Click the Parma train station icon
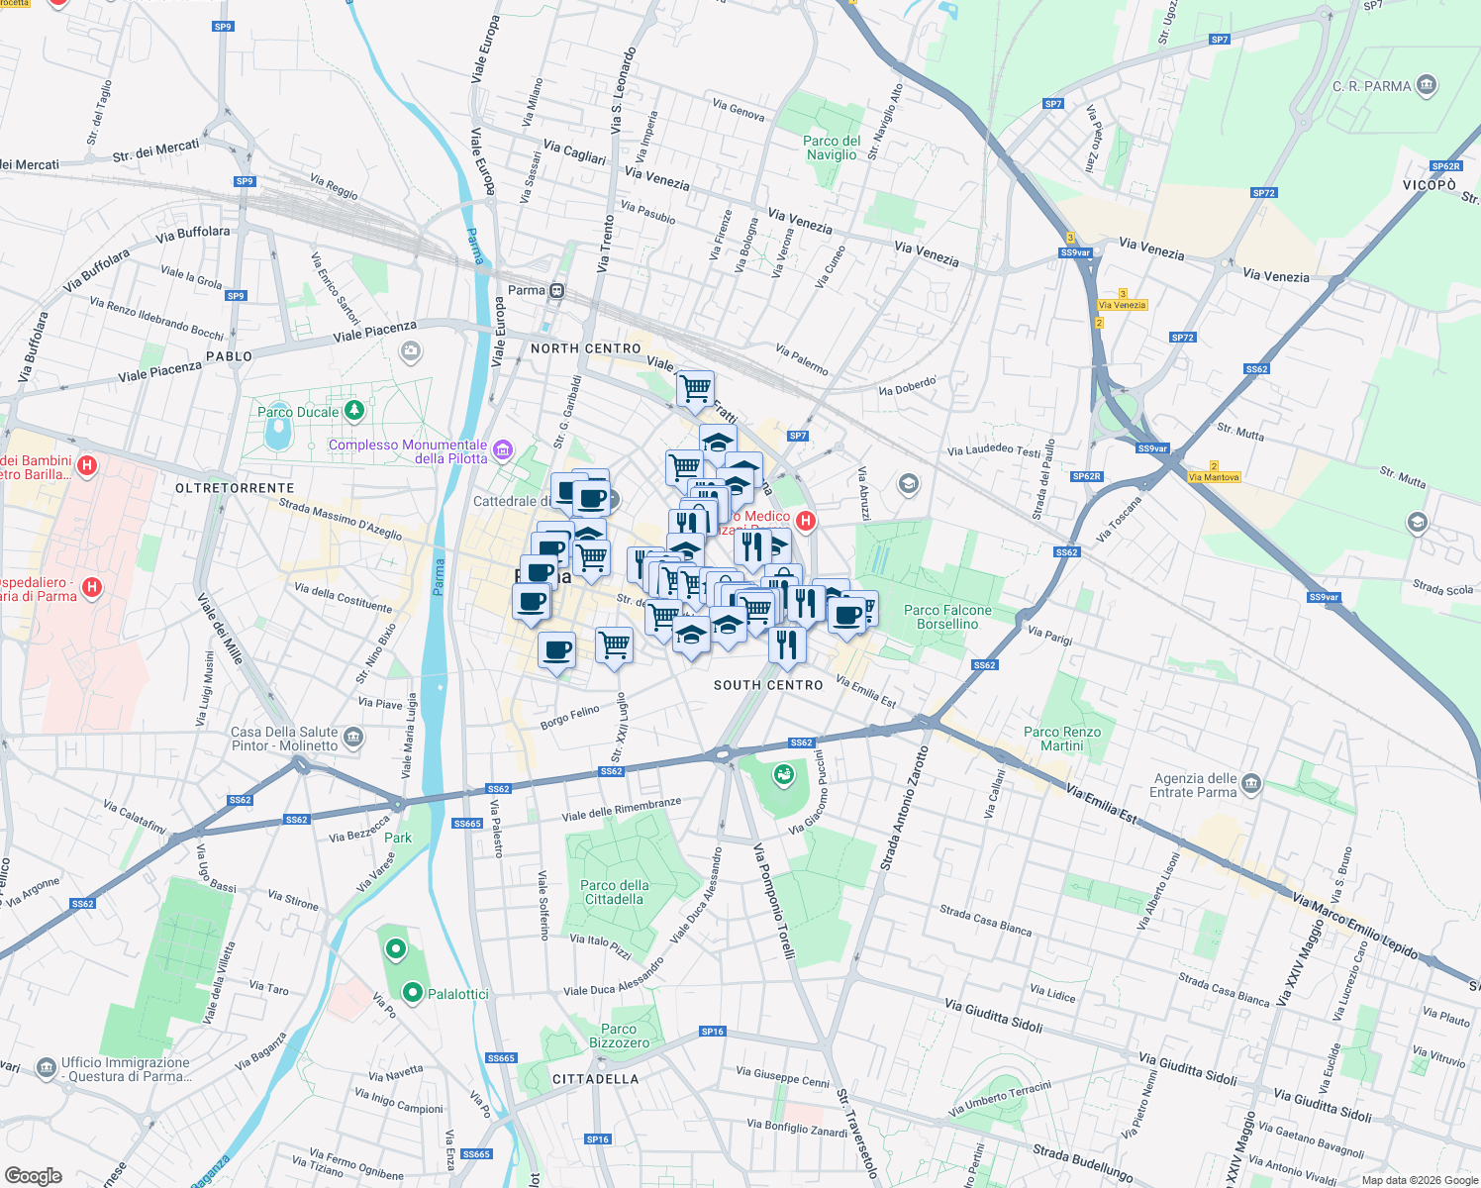[557, 290]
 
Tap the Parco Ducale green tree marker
[353, 410]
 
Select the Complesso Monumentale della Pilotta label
[408, 451]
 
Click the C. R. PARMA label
[1371, 86]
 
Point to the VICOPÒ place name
[1429, 185]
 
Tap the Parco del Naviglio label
[832, 148]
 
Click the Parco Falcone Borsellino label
[947, 617]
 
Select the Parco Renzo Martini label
[1062, 739]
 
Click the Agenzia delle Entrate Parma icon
[1251, 784]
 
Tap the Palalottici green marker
[413, 992]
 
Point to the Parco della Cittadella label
[615, 892]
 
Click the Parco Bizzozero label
[620, 1036]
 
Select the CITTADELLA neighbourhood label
[595, 1079]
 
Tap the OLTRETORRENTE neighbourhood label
[235, 488]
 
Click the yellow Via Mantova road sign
[1214, 477]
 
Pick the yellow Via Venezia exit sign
[1122, 305]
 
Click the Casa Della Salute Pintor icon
[353, 738]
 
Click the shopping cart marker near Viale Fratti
[695, 389]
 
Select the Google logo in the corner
[33, 1175]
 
